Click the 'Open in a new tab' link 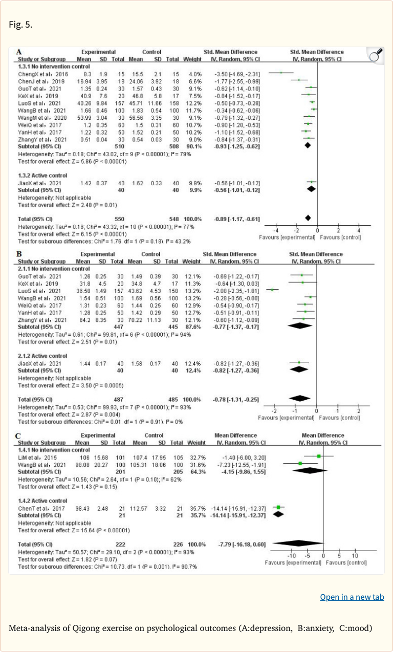pyautogui.click(x=352, y=597)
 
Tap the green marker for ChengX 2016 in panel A pyautogui.click(x=281, y=73)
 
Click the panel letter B pyautogui.click(x=19, y=253)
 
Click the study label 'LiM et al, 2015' pyautogui.click(x=32, y=455)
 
